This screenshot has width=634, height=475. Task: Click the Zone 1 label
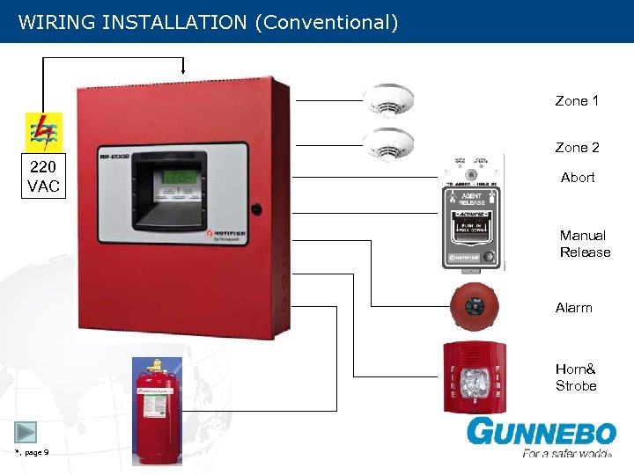pyautogui.click(x=577, y=101)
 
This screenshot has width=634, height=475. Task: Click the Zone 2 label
pyautogui.click(x=577, y=148)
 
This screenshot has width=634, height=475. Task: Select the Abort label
pyautogui.click(x=578, y=178)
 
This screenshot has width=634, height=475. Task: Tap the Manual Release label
pyautogui.click(x=585, y=244)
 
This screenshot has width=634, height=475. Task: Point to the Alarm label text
pyautogui.click(x=574, y=308)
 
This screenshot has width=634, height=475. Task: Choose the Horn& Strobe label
pyautogui.click(x=576, y=377)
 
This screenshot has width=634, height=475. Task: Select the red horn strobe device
pyautogui.click(x=474, y=376)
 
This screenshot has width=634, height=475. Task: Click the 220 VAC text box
pyautogui.click(x=44, y=176)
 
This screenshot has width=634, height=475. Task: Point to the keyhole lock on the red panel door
pyautogui.click(x=255, y=210)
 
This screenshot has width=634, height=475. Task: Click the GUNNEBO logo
pyautogui.click(x=541, y=434)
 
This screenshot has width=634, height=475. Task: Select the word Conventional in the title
pyautogui.click(x=326, y=22)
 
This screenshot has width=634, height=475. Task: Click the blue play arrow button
pyautogui.click(x=26, y=432)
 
